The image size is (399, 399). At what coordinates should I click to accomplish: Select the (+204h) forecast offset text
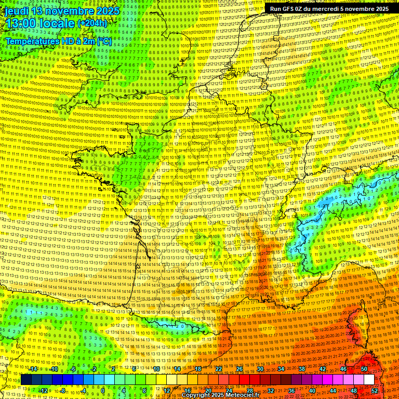92,23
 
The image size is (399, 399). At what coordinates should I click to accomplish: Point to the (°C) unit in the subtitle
103,41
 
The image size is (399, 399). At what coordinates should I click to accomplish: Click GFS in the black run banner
289,9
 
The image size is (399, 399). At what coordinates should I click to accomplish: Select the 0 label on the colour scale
103,391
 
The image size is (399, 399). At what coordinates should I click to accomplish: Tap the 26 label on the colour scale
240,369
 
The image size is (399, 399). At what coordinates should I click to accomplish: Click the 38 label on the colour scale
302,369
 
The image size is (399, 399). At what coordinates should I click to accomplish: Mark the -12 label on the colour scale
44,391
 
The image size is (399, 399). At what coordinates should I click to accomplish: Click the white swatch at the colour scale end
369,380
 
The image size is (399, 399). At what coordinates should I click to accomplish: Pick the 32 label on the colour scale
271,391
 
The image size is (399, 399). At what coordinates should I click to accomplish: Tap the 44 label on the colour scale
333,391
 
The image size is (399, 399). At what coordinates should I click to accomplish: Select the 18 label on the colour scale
197,369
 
